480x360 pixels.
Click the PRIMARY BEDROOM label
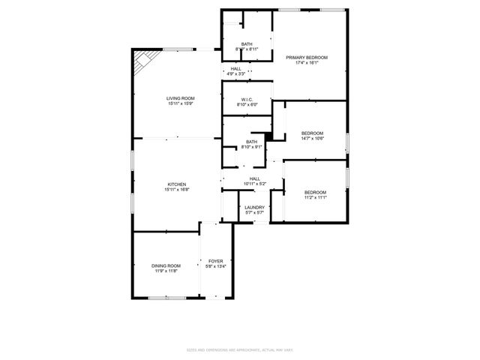click(307, 57)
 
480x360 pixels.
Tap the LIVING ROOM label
click(181, 98)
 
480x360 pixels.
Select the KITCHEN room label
click(177, 184)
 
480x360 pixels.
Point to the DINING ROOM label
click(166, 265)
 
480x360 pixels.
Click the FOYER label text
click(215, 261)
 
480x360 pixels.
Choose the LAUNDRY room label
click(254, 208)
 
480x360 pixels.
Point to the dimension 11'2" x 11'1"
click(315, 198)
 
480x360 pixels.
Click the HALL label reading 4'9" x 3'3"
click(236, 73)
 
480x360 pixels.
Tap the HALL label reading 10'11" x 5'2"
click(255, 184)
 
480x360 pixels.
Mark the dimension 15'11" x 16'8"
click(177, 190)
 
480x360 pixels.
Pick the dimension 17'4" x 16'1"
click(307, 63)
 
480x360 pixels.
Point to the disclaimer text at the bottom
click(240, 349)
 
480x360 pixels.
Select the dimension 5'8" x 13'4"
click(215, 266)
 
